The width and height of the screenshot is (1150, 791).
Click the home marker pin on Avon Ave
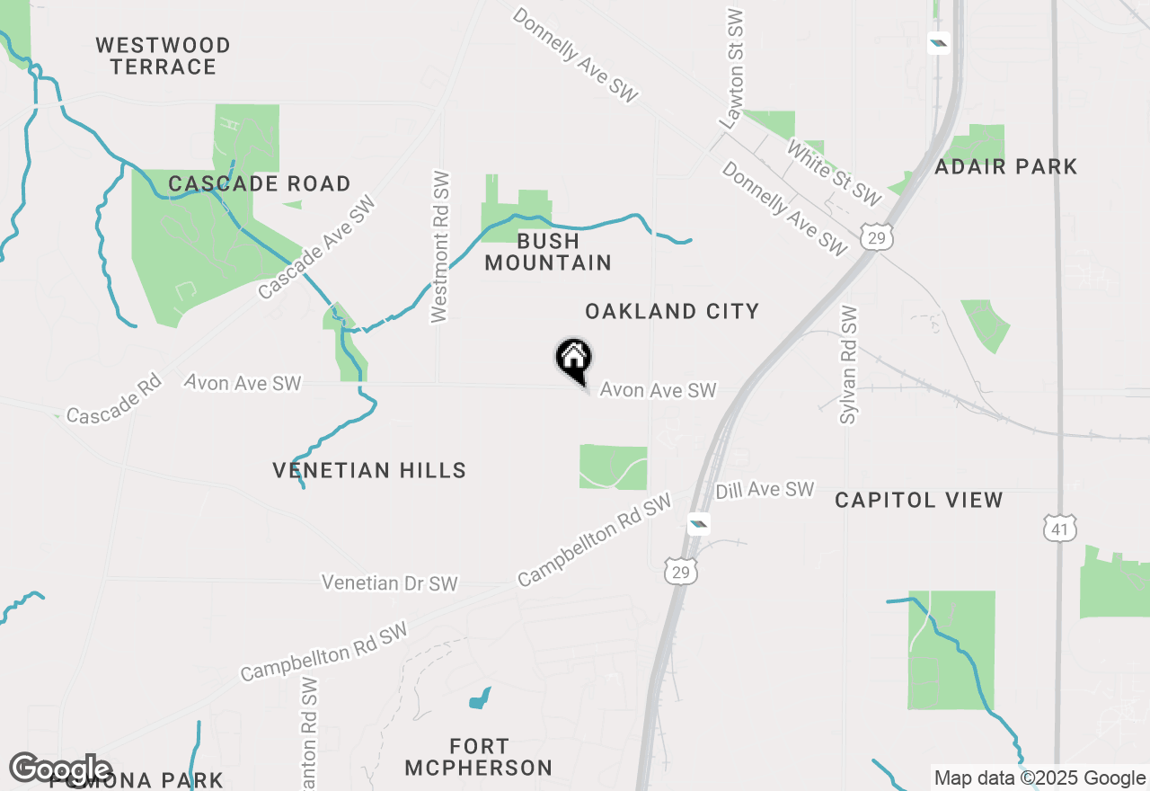(573, 360)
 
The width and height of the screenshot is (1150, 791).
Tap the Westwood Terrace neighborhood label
(164, 56)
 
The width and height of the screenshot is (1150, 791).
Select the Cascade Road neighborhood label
(260, 184)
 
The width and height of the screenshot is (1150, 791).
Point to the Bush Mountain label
(548, 252)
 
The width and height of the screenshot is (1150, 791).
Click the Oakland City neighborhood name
(672, 312)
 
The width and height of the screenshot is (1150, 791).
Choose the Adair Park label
(1006, 167)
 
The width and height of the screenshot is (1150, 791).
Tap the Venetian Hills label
(369, 470)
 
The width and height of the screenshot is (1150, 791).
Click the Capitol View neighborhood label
(918, 501)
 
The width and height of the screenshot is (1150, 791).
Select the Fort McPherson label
(478, 757)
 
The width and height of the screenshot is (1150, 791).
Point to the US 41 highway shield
(1060, 529)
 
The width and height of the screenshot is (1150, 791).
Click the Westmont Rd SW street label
(440, 246)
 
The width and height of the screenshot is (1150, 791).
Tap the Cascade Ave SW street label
(316, 247)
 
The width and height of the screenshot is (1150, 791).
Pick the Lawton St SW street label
(732, 68)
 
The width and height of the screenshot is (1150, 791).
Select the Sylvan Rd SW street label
(850, 364)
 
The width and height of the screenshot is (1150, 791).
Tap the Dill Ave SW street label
(765, 490)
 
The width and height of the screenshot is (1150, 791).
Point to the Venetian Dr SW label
(390, 583)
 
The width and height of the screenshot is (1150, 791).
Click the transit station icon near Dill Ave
(698, 522)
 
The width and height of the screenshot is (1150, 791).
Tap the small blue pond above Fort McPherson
(480, 698)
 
